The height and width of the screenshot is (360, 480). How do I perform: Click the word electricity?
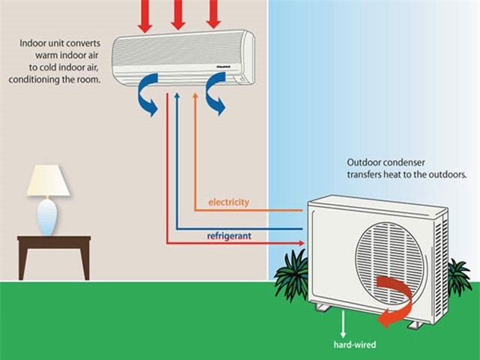[229, 202]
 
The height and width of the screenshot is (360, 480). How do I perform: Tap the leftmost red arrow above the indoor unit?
[145, 15]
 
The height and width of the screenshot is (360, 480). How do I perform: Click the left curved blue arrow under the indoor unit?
[147, 97]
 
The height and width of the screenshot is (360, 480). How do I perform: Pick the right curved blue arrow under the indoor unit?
[213, 97]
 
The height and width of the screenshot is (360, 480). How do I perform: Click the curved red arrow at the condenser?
[394, 300]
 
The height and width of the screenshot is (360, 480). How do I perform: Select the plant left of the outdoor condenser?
[292, 274]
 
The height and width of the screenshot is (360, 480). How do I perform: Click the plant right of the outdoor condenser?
[458, 277]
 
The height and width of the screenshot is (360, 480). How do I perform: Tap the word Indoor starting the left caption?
[34, 43]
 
